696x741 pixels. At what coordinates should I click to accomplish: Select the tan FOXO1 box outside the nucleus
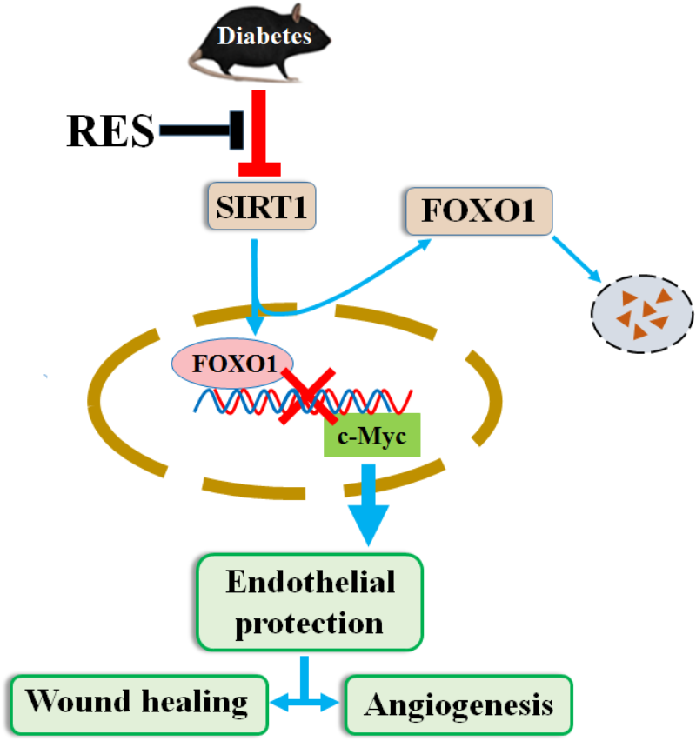pyautogui.click(x=478, y=212)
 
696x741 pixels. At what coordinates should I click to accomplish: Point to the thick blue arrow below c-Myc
pyautogui.click(x=369, y=504)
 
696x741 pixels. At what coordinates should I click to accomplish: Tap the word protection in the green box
pyautogui.click(x=311, y=624)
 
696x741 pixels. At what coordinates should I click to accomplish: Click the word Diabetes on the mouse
pyautogui.click(x=264, y=37)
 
